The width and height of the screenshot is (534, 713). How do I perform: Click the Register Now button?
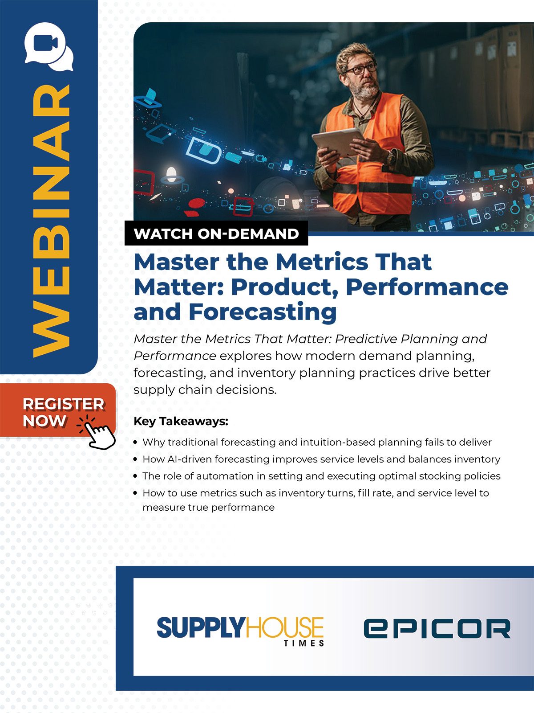tap(58, 410)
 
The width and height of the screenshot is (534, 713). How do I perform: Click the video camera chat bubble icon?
tap(49, 46)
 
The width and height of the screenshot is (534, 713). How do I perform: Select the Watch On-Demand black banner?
tap(216, 233)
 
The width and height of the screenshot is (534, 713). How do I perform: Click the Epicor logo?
tap(437, 628)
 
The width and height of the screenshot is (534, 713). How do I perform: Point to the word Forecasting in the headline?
tap(263, 312)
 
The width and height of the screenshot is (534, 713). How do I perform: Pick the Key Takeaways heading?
tap(181, 421)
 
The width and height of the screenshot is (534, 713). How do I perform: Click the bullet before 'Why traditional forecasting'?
tap(136, 443)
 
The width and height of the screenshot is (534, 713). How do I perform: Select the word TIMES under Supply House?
tap(304, 643)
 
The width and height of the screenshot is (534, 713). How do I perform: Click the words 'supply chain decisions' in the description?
tap(205, 390)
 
